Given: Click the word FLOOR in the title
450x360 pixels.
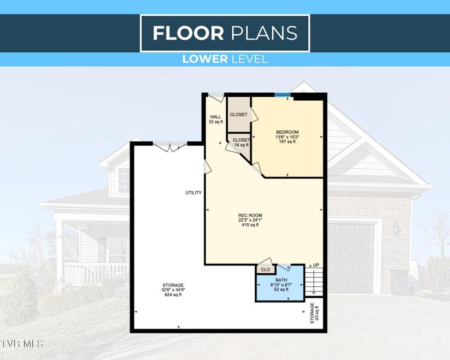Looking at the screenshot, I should coord(188,33).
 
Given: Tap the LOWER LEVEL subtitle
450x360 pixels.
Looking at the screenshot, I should coord(224,58).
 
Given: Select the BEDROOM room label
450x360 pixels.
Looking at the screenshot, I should coord(287,132).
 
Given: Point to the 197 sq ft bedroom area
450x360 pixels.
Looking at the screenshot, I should coord(287,142).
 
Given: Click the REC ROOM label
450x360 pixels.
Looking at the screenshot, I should coord(251,215).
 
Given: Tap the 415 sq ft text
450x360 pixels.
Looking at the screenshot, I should coord(251,225).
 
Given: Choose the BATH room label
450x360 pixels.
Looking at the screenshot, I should coord(281,280).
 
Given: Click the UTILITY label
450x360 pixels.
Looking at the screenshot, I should coord(193,193).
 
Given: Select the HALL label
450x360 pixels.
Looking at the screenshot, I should coord(215,117).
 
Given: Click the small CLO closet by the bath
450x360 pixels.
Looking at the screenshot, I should coord(265,270).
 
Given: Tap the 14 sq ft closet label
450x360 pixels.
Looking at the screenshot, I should coord(241,145).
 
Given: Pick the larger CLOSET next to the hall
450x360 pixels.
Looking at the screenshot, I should coord(238,115).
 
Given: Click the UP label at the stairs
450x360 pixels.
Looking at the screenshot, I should coord(316,265).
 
